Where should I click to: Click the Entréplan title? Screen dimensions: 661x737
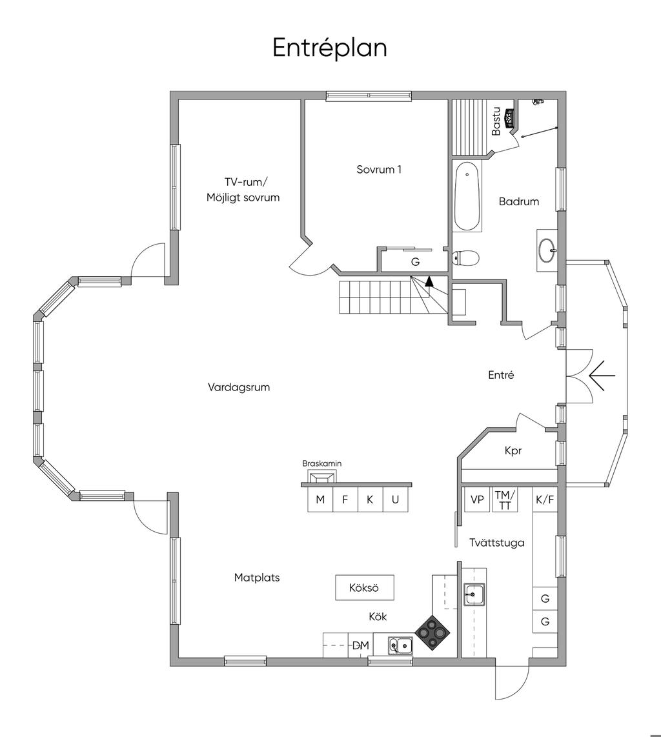330,48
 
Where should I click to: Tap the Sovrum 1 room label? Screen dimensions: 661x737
379,169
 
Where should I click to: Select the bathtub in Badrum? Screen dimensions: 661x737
467,196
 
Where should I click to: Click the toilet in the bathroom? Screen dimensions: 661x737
465,257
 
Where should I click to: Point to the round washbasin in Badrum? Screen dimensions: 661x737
547,250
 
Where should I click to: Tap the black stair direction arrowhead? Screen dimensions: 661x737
429,281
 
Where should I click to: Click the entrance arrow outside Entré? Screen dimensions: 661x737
602,376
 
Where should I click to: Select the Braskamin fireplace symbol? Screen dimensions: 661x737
322,478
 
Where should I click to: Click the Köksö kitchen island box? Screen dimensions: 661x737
364,587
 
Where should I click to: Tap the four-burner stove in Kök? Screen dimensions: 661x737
433,632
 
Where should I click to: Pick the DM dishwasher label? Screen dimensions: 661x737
361,645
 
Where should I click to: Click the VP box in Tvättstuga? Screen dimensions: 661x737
477,499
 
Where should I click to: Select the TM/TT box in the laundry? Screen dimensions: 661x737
505,499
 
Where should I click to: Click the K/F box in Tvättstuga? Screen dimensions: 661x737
545,499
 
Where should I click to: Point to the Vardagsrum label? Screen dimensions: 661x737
239,387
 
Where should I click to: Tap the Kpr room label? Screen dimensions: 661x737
513,450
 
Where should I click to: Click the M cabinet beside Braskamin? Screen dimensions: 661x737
320,499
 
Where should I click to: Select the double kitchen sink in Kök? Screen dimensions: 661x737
401,646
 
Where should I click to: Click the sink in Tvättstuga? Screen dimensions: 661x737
474,594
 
